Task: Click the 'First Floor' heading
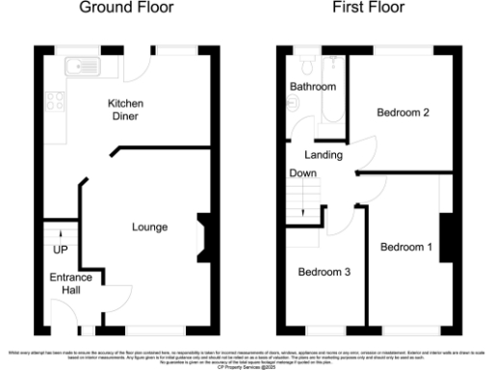click(369, 9)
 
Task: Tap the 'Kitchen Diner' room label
click(123, 109)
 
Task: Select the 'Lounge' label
click(150, 227)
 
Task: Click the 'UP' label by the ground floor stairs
click(59, 251)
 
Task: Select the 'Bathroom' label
click(313, 88)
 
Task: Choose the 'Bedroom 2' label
click(402, 113)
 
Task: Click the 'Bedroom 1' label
click(405, 248)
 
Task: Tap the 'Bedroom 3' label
click(324, 273)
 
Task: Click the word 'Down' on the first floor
click(303, 173)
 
